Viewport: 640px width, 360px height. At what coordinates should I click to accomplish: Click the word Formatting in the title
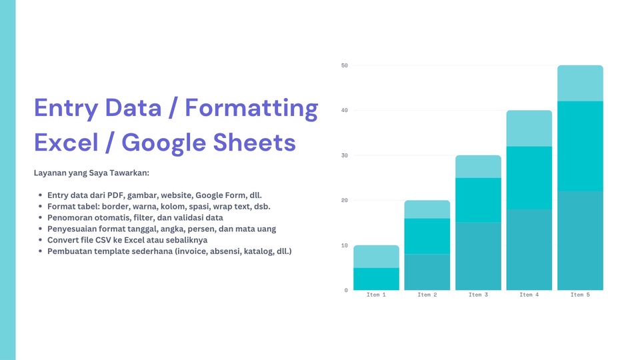(251, 109)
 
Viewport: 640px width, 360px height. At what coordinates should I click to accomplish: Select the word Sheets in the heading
(254, 143)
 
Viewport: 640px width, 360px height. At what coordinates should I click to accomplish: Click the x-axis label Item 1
(376, 295)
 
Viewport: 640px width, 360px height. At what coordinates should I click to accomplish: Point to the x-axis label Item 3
(478, 295)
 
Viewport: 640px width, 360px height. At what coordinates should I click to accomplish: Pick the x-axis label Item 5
(580, 295)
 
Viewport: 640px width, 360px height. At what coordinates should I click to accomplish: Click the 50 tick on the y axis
(345, 65)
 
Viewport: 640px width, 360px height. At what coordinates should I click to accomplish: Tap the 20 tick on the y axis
(345, 201)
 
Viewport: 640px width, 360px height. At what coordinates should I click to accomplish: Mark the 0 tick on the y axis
(346, 290)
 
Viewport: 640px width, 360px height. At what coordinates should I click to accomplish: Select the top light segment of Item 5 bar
(580, 83)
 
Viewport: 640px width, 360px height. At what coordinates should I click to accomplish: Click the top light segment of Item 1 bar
(376, 257)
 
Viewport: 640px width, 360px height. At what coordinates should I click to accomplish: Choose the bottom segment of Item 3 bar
(478, 256)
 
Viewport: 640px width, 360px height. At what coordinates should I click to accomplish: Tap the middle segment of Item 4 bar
(529, 178)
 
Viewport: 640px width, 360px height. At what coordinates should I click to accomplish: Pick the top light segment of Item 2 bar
(427, 209)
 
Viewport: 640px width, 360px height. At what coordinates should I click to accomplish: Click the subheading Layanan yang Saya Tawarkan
(91, 173)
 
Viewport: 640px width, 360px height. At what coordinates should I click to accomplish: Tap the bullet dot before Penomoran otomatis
(40, 217)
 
